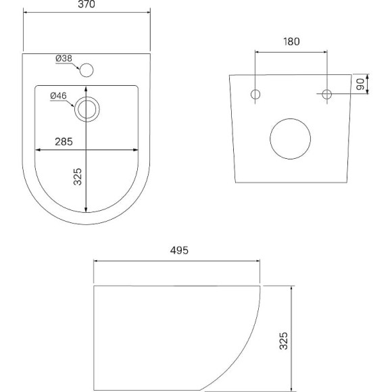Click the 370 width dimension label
coord(86,5)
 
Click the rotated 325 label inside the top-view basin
coord(78,176)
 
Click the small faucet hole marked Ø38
coord(86,68)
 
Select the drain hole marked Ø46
coord(87,108)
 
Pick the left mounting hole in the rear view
coord(255,94)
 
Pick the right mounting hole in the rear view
coord(326,94)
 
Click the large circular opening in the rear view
coord(291,137)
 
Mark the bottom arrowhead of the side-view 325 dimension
coord(291,388)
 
